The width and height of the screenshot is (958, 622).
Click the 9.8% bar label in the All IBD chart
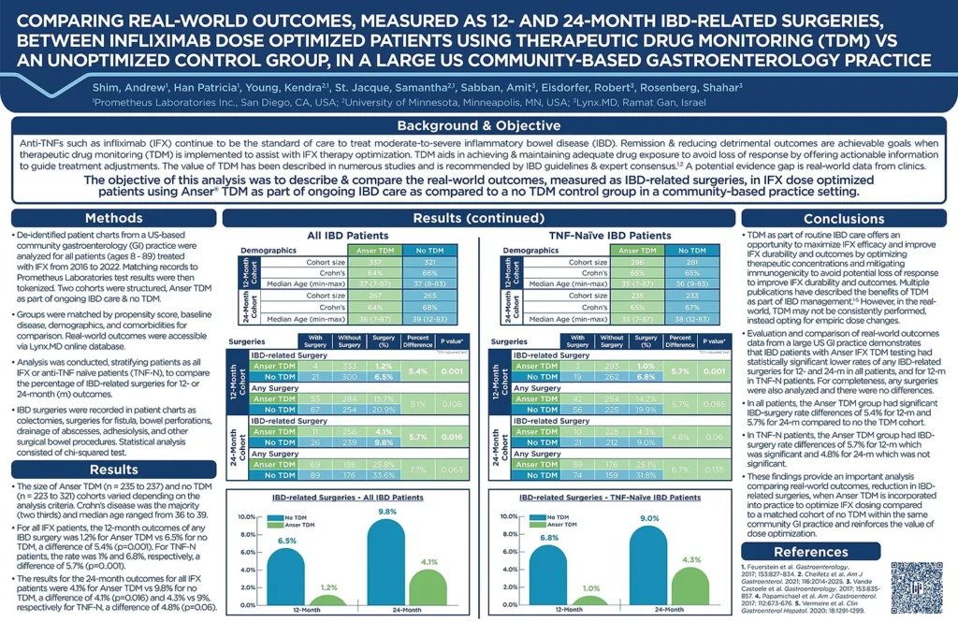coord(388,511)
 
